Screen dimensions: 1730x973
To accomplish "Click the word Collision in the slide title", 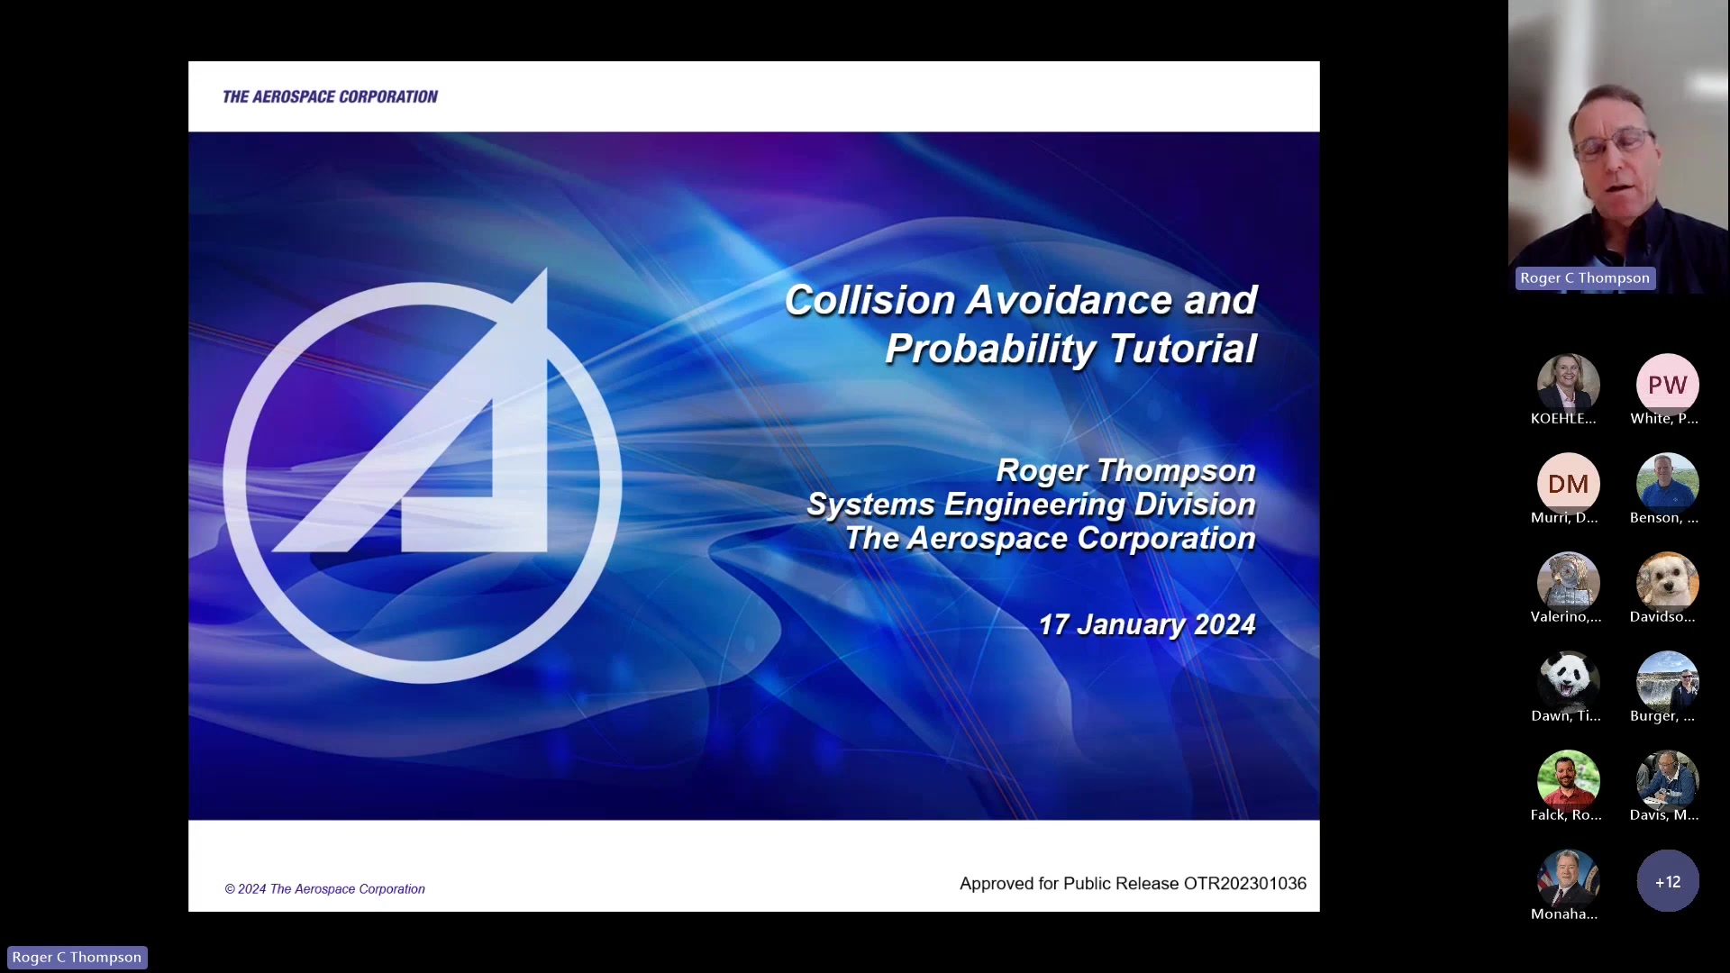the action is click(x=870, y=300).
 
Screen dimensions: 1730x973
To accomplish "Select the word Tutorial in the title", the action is click(x=1182, y=349).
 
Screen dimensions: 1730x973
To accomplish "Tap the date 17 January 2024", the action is click(x=1146, y=624).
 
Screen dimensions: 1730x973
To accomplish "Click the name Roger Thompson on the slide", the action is click(x=1125, y=470).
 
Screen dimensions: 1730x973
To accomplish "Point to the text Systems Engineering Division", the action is click(x=1031, y=505).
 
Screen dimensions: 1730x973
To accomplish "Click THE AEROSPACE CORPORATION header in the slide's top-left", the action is click(x=330, y=96).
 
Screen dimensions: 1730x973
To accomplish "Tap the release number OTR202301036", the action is click(x=1244, y=884).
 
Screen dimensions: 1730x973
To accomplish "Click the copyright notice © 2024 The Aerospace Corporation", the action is click(x=324, y=889).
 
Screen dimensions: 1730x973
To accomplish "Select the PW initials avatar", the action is click(x=1667, y=385).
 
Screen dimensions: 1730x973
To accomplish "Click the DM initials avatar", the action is click(x=1568, y=484).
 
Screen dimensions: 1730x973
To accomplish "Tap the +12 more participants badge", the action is click(x=1667, y=881).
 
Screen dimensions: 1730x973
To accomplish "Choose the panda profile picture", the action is click(x=1568, y=682).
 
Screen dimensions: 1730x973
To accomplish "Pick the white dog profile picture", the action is click(x=1667, y=583).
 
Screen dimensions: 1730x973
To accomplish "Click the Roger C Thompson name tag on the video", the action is click(x=1585, y=278).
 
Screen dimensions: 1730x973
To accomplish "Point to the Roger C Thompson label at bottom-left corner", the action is click(x=77, y=957).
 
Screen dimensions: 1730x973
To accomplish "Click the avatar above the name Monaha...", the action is click(x=1568, y=880).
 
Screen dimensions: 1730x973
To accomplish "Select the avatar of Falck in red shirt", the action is click(x=1568, y=781).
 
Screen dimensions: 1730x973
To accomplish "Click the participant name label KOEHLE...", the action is click(x=1563, y=419).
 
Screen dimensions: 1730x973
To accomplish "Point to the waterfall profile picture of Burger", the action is click(x=1667, y=682).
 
